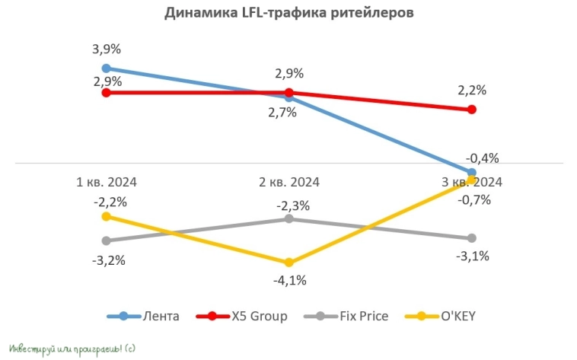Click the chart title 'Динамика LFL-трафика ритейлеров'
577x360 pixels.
click(288, 14)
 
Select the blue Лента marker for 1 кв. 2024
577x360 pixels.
click(106, 68)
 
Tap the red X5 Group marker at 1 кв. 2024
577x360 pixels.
click(106, 93)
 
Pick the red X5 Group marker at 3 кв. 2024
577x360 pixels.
click(471, 110)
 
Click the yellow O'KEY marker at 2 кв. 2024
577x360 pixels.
click(288, 263)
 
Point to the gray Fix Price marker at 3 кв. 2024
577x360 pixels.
click(471, 238)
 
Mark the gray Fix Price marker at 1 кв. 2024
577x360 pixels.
click(106, 241)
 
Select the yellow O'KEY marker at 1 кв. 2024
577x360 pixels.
click(106, 216)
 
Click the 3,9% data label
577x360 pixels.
click(106, 49)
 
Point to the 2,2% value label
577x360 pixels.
click(472, 91)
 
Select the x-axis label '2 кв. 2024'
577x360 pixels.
click(288, 182)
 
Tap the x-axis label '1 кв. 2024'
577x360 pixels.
click(106, 182)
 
